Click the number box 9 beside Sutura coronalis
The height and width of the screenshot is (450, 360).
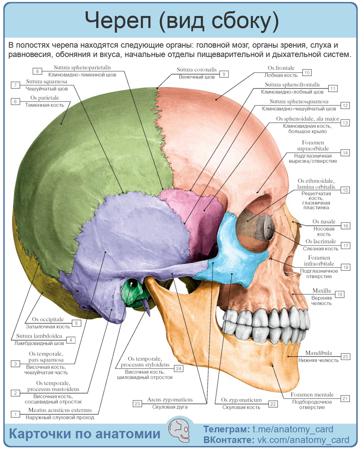(x=223, y=74)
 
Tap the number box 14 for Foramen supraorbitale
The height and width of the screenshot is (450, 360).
(x=345, y=153)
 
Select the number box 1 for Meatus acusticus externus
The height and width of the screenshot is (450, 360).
(x=15, y=414)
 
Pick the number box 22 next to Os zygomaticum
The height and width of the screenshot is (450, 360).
(x=273, y=403)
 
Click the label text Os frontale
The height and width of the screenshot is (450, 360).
(x=281, y=68)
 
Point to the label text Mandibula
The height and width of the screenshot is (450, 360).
(x=318, y=353)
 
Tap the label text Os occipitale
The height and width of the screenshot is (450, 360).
(x=48, y=319)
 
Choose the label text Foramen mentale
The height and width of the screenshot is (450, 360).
(x=312, y=394)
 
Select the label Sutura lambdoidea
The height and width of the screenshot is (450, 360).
(x=39, y=336)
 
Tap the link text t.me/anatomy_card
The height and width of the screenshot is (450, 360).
(x=292, y=429)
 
